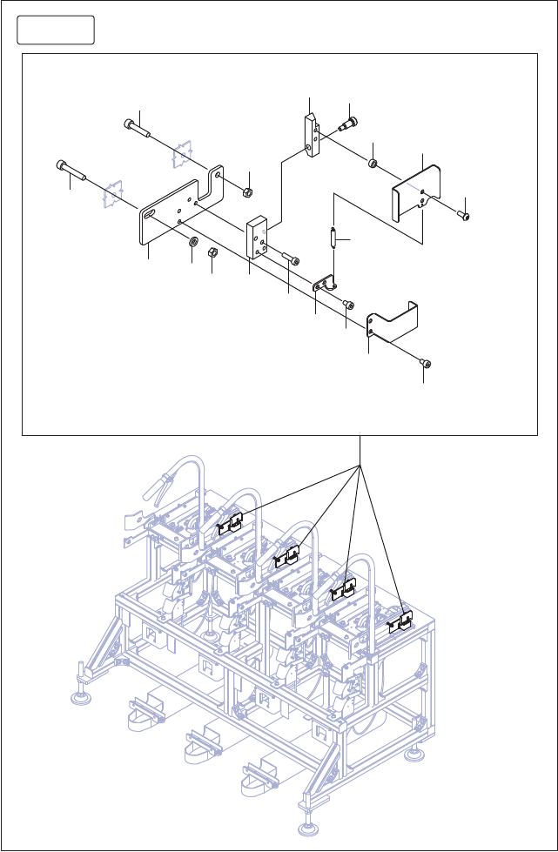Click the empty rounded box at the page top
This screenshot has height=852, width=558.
[56, 30]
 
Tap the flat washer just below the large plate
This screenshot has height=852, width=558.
[192, 240]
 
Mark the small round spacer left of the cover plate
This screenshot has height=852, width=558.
[372, 164]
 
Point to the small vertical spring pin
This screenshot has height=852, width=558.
[333, 237]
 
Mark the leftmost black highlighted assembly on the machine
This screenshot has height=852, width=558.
[230, 525]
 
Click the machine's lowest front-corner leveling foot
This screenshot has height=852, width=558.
[309, 827]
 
